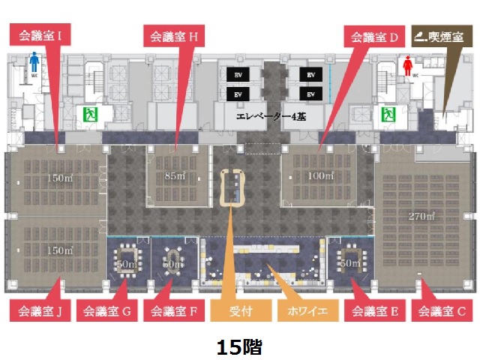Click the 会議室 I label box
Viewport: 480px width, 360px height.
point(40,34)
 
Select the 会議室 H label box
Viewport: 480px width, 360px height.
point(174,34)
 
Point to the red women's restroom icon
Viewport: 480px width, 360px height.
point(407,64)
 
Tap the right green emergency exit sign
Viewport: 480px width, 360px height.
point(388,115)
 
